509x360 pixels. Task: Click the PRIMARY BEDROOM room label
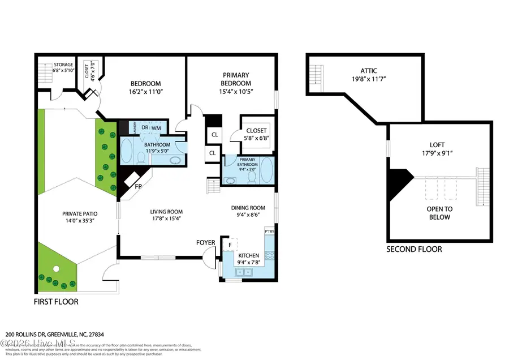click(x=236, y=79)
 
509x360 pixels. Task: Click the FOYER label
click(x=206, y=243)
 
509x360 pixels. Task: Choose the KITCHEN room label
click(x=248, y=256)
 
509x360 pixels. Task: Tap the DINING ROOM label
click(x=248, y=208)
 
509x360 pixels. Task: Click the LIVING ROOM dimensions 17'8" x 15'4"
click(x=166, y=219)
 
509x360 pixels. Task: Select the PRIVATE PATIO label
click(x=80, y=214)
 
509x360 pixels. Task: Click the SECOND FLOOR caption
click(x=414, y=249)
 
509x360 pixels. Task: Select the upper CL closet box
click(x=214, y=135)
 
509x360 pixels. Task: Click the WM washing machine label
click(x=157, y=128)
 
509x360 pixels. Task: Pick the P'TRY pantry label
click(x=269, y=232)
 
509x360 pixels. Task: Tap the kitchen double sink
click(x=245, y=272)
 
